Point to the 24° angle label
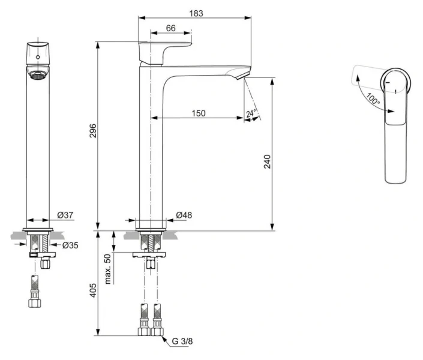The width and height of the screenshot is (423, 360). point(251,113)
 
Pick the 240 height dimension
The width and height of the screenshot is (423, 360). point(268,162)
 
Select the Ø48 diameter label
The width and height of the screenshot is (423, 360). point(183,215)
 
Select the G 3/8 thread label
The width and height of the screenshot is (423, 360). point(182,341)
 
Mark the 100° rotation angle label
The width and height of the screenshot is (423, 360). point(372,100)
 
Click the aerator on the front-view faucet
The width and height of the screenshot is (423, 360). point(37,76)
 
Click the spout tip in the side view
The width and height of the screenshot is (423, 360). point(242,76)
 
